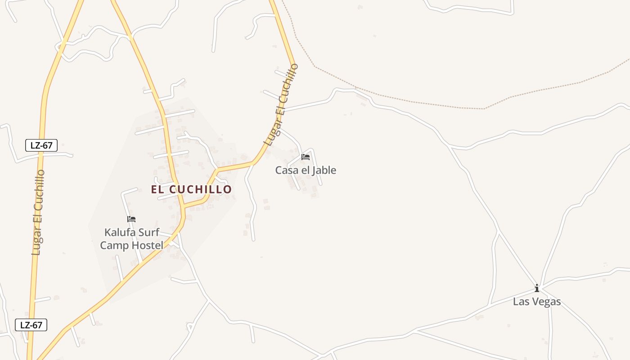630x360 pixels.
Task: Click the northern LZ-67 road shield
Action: coord(41,145)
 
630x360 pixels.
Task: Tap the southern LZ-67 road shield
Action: coord(31,325)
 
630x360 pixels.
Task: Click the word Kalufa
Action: coord(119,233)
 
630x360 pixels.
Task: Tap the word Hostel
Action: coord(146,245)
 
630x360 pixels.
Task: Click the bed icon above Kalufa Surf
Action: coord(131,219)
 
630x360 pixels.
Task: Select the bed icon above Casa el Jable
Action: coord(306,157)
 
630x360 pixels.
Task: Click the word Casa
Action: coord(287,171)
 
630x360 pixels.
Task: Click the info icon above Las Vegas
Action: coord(536,288)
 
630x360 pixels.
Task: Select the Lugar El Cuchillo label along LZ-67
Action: coord(38,212)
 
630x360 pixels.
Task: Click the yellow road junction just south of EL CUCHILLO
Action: coord(184,207)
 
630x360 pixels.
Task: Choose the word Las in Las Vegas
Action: coord(521,301)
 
